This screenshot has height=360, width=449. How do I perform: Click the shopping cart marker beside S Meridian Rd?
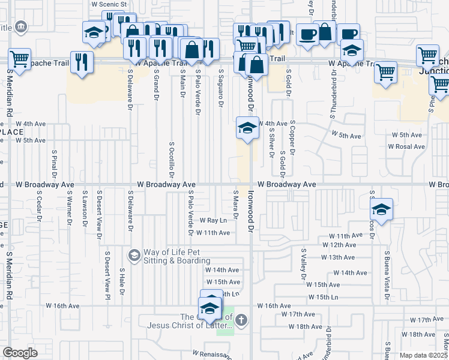[20, 59]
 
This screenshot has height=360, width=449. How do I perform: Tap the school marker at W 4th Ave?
[247, 127]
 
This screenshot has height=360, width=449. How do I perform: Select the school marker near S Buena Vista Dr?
[381, 209]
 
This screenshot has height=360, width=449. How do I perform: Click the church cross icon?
[241, 320]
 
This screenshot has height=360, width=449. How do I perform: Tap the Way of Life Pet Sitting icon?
[134, 256]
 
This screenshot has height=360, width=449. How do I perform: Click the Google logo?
[20, 353]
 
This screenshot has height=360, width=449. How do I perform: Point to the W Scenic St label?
[110, 4]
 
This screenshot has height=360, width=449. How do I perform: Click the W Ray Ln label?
[214, 221]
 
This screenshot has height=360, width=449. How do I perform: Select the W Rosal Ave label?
[406, 146]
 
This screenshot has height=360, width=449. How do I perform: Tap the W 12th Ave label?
[340, 245]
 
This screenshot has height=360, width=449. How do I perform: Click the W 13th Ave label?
[339, 257]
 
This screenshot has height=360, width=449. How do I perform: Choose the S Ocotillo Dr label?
[171, 160]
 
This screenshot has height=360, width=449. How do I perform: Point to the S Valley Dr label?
[304, 265]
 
